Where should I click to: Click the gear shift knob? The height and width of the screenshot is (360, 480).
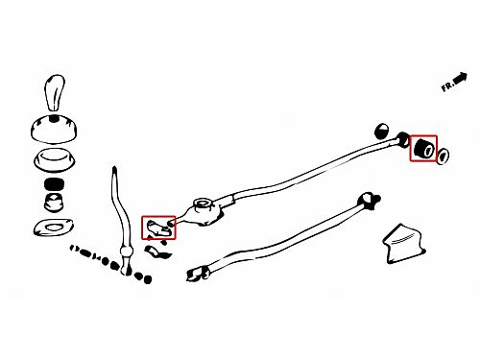tap(54, 93)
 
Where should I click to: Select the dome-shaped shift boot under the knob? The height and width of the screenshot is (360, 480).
tap(54, 129)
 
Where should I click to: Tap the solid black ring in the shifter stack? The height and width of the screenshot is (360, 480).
tap(54, 184)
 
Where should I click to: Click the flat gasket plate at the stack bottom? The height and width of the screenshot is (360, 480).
tap(53, 228)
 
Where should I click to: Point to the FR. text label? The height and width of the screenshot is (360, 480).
tap(447, 86)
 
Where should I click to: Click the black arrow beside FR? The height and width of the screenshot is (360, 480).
tap(461, 79)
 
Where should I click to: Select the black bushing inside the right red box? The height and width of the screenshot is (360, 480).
tap(423, 148)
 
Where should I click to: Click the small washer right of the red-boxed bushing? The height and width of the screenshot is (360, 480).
tap(443, 156)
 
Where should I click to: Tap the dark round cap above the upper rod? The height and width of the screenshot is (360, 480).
tap(381, 131)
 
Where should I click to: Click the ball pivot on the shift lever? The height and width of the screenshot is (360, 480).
tap(126, 252)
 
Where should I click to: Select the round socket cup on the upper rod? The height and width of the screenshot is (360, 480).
tap(203, 204)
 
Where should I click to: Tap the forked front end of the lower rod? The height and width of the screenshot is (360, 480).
tap(370, 201)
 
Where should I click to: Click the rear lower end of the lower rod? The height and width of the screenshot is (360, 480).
tap(197, 275)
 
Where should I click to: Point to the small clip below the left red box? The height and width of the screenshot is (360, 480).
tap(156, 252)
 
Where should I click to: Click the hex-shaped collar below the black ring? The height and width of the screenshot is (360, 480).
tap(54, 203)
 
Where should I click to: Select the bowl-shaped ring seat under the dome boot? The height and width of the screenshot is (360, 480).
tap(55, 159)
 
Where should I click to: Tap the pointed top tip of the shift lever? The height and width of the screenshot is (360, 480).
tap(114, 167)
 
